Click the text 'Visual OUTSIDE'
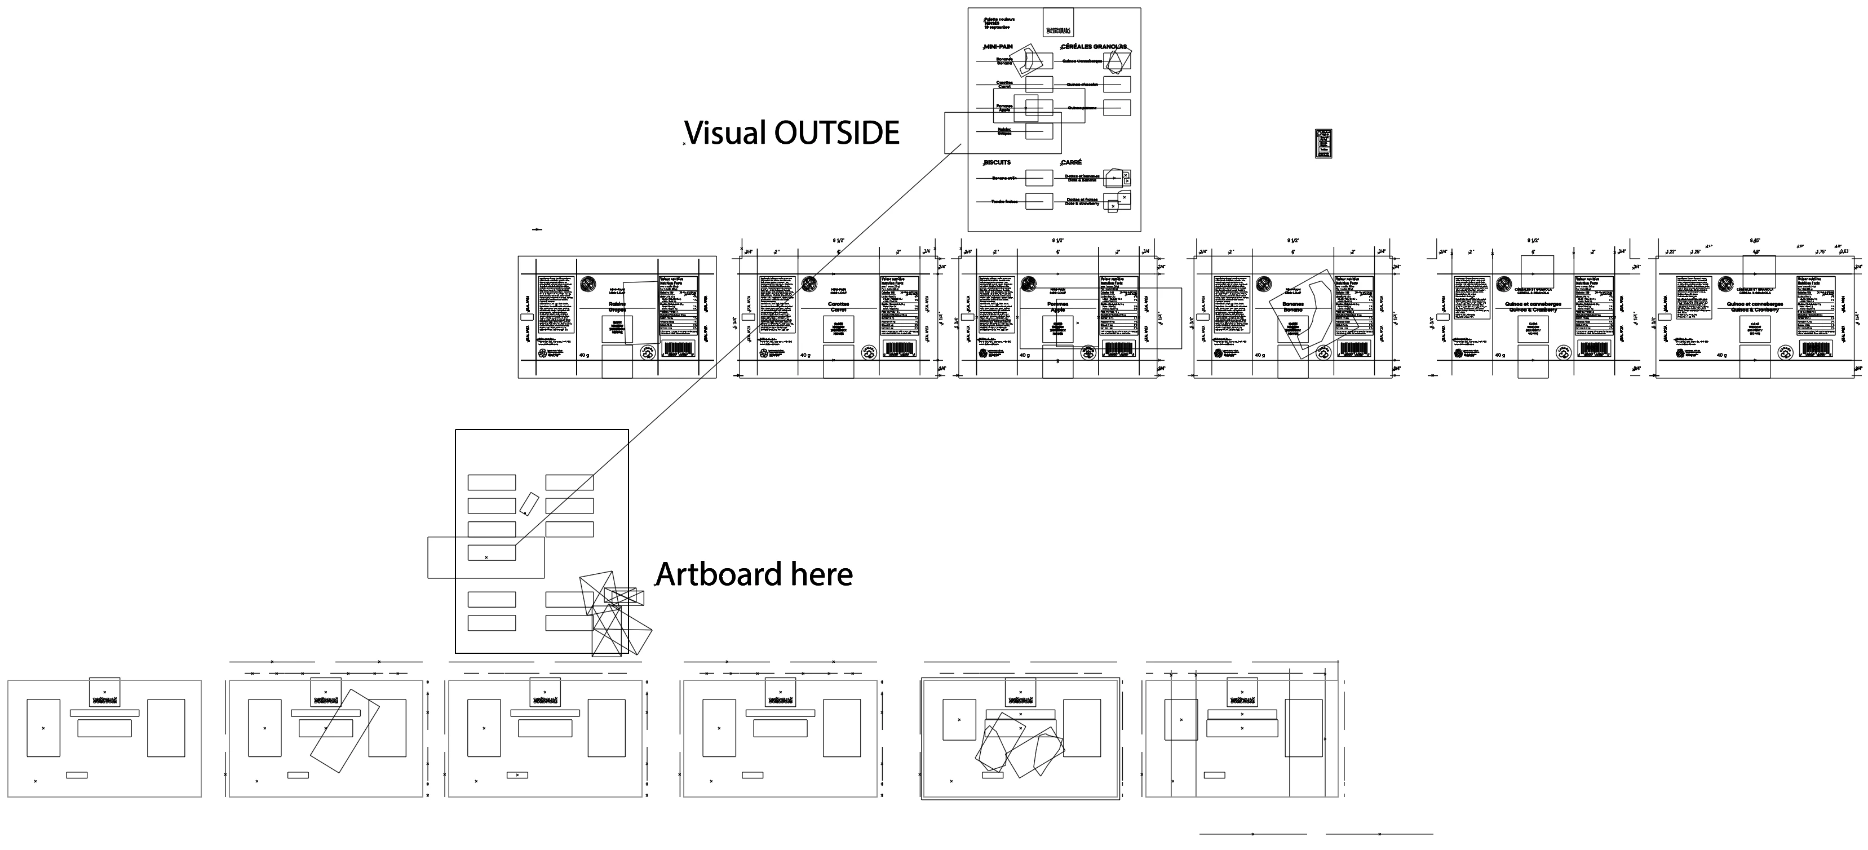(x=793, y=134)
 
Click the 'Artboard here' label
(x=754, y=574)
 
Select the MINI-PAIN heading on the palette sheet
(x=998, y=46)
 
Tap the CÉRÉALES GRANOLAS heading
(x=1094, y=46)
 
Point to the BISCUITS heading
(x=997, y=162)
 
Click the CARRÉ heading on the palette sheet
(x=1071, y=162)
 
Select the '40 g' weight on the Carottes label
(x=805, y=355)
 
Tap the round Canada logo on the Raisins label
(x=588, y=284)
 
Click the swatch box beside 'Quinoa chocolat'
(x=1117, y=85)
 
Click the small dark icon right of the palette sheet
(x=1323, y=144)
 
